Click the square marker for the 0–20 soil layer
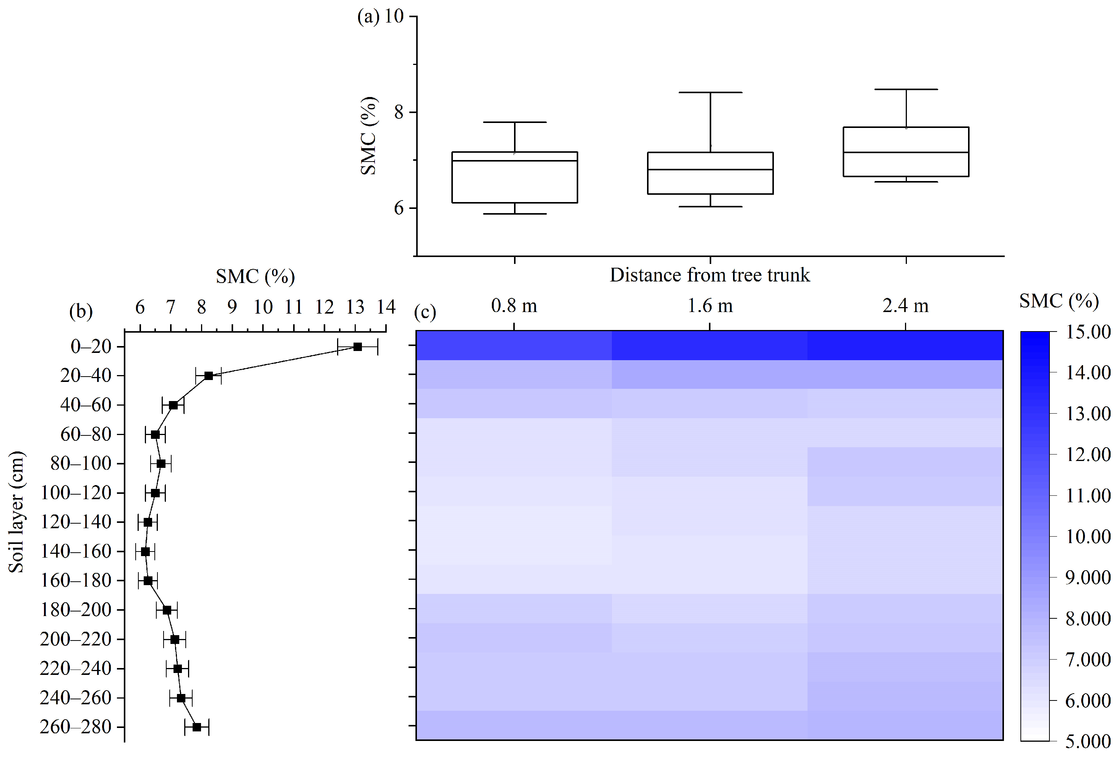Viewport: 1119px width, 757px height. pos(357,346)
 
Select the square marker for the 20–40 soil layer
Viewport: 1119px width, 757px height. pos(209,376)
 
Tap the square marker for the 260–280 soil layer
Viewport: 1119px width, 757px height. pos(196,727)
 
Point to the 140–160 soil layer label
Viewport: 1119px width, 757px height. pos(76,552)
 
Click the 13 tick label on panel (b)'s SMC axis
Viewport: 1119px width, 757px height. pos(355,307)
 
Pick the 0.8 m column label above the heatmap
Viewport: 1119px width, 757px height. pos(514,306)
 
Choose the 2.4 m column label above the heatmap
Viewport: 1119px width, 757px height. pos(905,306)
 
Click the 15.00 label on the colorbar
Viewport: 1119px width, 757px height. pos(1088,332)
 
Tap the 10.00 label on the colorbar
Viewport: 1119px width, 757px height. pos(1088,537)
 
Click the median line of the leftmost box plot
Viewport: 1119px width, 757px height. pos(514,161)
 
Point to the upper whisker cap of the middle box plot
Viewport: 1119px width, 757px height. pos(710,92)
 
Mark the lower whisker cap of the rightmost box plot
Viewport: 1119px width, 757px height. pos(906,182)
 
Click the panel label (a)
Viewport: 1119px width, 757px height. pos(368,17)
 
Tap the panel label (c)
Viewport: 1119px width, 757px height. pos(425,313)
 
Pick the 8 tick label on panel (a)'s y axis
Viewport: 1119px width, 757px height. pos(399,113)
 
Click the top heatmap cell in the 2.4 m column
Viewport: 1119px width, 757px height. pos(905,346)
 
